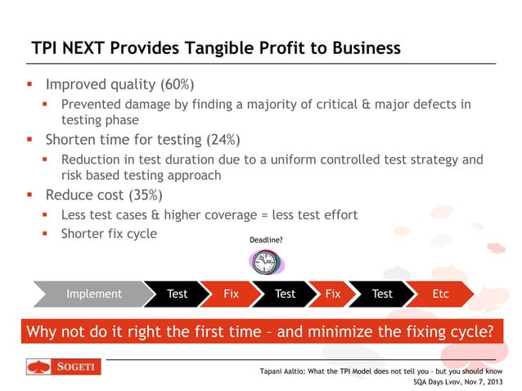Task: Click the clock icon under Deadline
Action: pos(264,262)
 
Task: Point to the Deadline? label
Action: pos(266,240)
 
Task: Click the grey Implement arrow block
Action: pos(93,294)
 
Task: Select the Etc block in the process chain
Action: pos(440,294)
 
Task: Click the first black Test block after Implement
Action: pos(177,294)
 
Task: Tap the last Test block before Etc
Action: pos(382,294)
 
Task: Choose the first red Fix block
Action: pos(231,294)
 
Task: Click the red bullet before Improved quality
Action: pos(30,85)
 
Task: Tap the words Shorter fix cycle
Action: pos(109,234)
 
